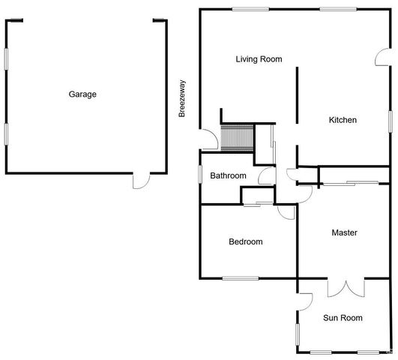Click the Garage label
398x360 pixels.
(x=82, y=94)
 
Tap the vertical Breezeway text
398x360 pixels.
(x=181, y=98)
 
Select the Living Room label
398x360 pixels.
(x=259, y=58)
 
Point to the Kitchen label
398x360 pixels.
(x=343, y=120)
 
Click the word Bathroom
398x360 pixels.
(x=228, y=175)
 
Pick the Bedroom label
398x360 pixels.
(x=246, y=241)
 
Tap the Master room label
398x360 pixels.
(x=344, y=232)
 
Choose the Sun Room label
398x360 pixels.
(x=343, y=318)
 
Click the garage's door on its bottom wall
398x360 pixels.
(x=139, y=179)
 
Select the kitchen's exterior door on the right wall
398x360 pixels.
(x=383, y=60)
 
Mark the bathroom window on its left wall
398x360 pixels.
(x=199, y=173)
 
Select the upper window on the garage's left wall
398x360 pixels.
(x=7, y=59)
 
